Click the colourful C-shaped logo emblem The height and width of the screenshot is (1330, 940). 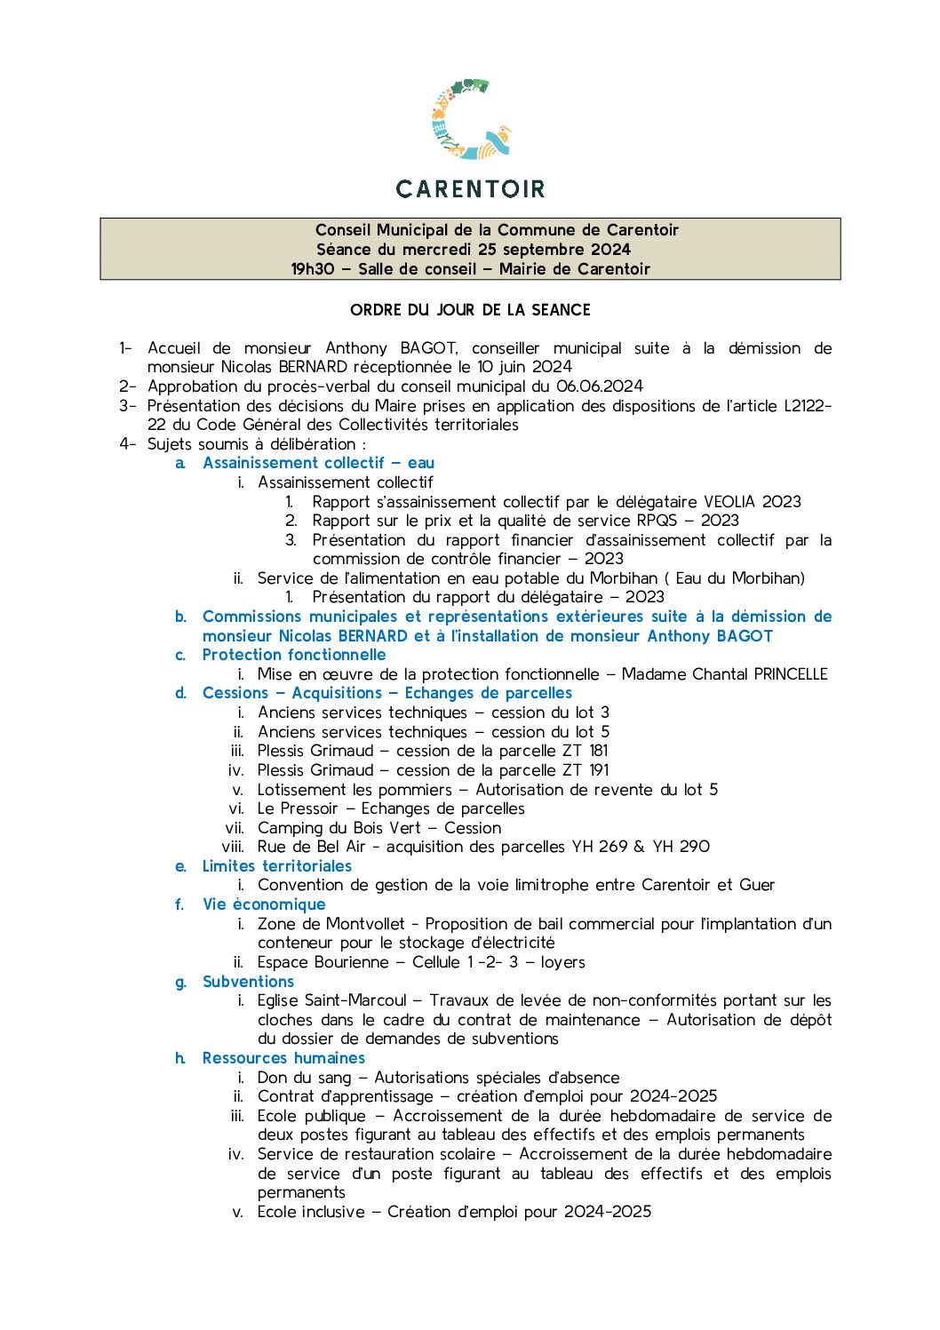point(470,120)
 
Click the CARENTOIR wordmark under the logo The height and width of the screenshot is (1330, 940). point(470,188)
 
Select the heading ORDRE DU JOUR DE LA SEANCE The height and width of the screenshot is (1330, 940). point(470,310)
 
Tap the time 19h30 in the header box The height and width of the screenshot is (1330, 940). point(313,269)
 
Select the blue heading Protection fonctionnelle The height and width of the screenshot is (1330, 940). point(294,655)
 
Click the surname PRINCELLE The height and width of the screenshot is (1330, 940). point(790,674)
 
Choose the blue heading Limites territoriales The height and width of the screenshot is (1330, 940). point(276,866)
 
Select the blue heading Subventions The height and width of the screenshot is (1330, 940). point(248,982)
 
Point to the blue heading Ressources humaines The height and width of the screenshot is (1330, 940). point(283,1058)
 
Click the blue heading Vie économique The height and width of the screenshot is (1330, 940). point(264,904)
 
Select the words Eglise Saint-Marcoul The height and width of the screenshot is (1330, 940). point(331,1000)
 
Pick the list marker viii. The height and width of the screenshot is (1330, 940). point(233,847)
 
